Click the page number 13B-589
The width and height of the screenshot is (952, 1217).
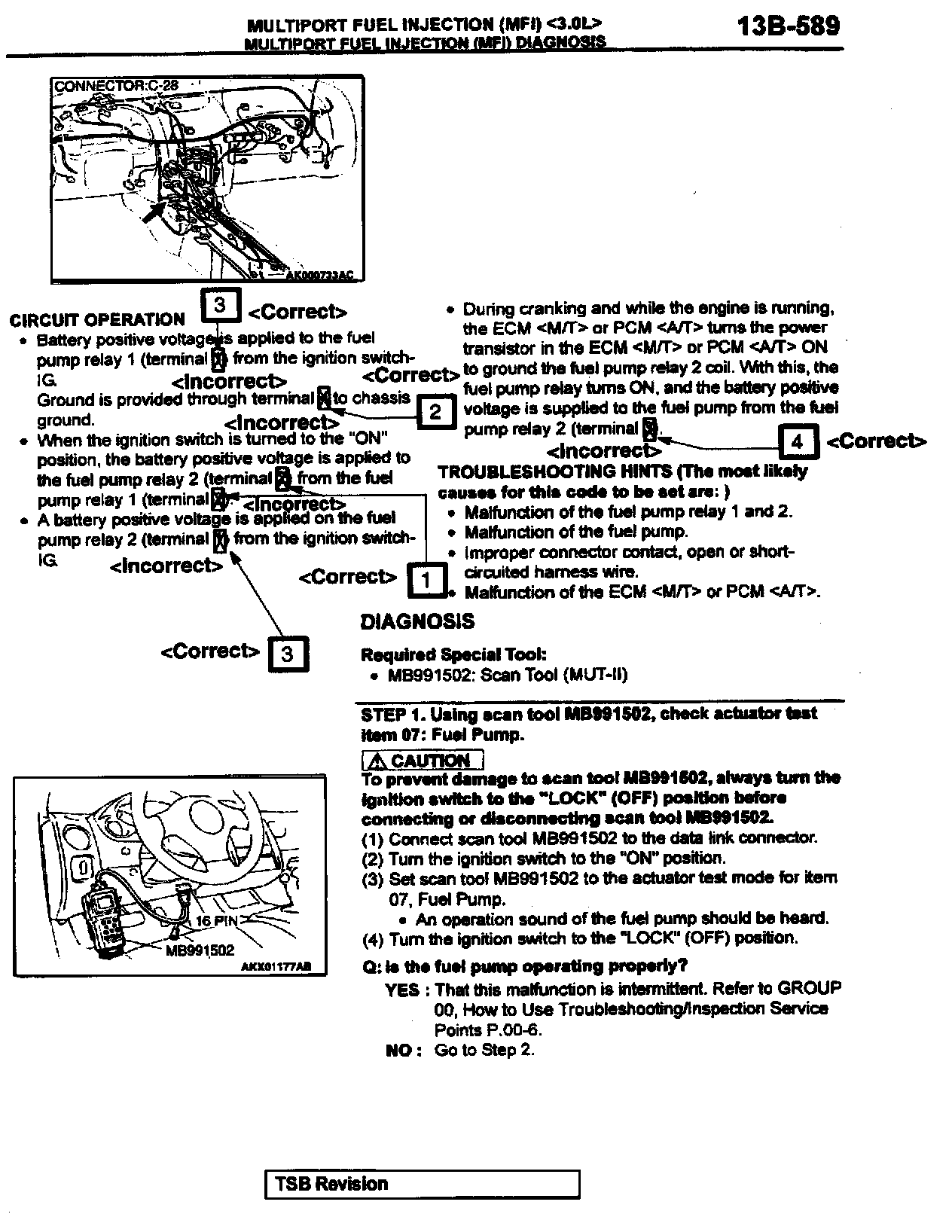(788, 27)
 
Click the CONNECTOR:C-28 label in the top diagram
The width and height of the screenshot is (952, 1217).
(116, 85)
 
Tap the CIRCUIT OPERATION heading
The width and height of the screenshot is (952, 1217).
(97, 320)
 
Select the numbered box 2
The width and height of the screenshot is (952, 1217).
(435, 412)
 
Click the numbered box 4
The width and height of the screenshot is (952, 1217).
(798, 441)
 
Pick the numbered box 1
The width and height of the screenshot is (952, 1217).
(426, 580)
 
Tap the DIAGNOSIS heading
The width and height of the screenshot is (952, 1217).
(417, 621)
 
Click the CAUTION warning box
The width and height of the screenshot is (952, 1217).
(423, 760)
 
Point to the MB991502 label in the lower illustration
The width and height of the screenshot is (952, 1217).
(200, 950)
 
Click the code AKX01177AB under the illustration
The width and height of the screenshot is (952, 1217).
(276, 967)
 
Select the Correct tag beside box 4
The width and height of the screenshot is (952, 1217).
(877, 441)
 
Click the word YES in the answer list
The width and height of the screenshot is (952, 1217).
(402, 989)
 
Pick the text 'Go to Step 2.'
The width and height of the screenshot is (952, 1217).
(484, 1050)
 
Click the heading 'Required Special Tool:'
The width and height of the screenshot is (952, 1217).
(453, 654)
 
